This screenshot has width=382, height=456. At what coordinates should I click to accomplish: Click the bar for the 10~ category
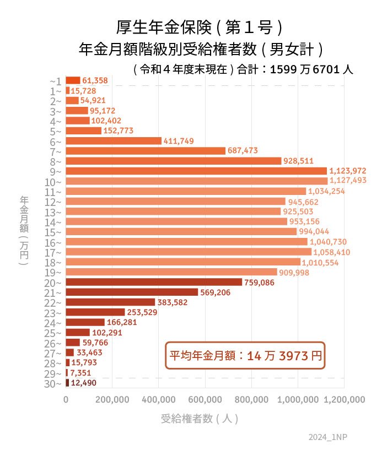[x=196, y=181]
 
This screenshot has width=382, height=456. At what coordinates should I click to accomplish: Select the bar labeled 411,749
[x=114, y=141]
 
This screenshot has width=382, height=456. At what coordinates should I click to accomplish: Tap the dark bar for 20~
[x=154, y=283]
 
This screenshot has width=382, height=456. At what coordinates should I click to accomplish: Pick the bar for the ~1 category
[x=73, y=80]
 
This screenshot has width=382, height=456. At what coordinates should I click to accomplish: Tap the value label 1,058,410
[x=331, y=252]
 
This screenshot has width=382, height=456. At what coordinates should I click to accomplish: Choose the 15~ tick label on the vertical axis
[x=56, y=232]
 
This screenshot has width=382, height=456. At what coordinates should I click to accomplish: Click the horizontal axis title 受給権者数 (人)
[x=200, y=419]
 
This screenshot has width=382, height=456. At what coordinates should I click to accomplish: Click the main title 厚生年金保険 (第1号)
[x=200, y=27]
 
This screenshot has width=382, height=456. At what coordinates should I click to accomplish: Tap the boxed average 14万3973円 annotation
[x=245, y=356]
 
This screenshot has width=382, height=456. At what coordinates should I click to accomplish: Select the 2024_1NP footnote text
[x=328, y=437]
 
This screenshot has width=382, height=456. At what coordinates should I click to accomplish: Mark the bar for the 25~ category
[x=78, y=333]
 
